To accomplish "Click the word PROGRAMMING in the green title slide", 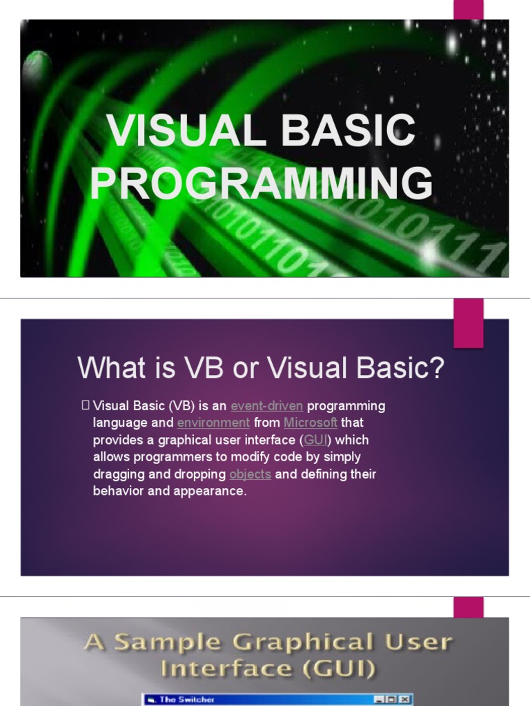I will tap(262, 184).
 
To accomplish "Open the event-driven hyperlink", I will tap(266, 405).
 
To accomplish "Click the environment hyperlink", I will tap(213, 423).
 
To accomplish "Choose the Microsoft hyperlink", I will tap(311, 423).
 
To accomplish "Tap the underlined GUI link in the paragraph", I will tap(315, 440).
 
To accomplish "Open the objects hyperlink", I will tap(250, 474).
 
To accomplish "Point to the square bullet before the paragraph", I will tap(86, 405).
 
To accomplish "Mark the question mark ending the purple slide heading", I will tap(437, 368).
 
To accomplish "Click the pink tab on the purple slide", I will tap(468, 323).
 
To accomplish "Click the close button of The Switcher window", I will tap(405, 699).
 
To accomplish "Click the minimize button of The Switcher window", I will tap(379, 699).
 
